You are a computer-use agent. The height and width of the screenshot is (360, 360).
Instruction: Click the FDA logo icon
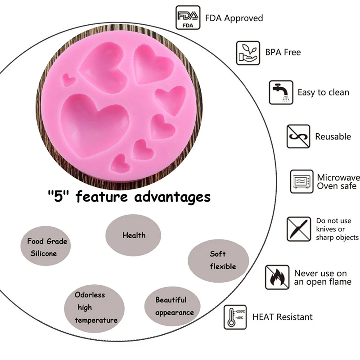point(187,18)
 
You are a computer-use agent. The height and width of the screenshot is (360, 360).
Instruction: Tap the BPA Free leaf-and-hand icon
point(248,53)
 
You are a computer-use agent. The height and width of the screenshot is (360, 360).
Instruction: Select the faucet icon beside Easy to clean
point(281,93)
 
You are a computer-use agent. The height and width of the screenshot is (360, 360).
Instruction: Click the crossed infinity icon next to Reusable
point(298,136)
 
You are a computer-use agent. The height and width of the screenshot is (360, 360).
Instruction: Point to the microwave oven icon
point(301,181)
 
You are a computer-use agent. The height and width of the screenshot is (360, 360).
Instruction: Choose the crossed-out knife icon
point(298,229)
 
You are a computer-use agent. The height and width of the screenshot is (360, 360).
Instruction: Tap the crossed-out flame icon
point(277,277)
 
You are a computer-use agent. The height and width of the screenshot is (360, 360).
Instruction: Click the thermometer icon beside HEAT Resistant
point(235,317)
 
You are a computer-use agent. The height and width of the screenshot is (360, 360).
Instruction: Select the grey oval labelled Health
point(134,235)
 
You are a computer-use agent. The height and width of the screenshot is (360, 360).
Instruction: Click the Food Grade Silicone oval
point(47,247)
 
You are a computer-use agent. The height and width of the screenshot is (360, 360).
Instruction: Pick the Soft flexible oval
point(218,260)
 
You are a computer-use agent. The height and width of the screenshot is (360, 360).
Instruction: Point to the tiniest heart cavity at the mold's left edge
point(69,80)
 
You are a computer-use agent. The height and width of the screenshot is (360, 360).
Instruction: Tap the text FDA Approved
point(234,18)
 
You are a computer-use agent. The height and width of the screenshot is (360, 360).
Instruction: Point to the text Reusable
point(333,136)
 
